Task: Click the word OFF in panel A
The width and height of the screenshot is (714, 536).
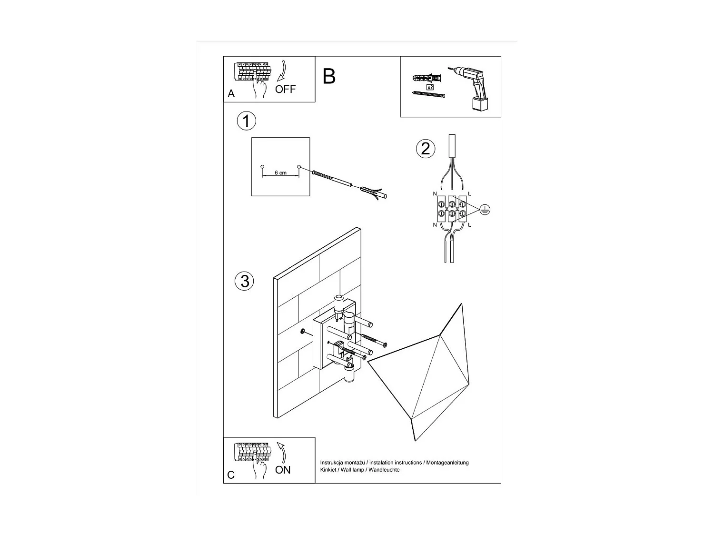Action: (285, 89)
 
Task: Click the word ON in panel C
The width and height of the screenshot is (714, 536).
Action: (283, 470)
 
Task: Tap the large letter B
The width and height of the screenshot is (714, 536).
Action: (329, 76)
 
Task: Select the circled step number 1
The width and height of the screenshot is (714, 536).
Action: (246, 121)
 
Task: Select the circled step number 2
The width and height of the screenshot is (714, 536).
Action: (425, 148)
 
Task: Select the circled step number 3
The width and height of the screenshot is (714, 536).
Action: (245, 281)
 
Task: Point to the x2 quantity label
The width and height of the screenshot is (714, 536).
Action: (430, 87)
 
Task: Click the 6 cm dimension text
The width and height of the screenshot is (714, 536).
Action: (280, 173)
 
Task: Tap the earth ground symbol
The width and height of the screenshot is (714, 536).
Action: (485, 209)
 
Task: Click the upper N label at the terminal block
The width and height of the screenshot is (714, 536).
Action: (435, 193)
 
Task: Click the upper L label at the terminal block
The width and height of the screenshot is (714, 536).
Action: (470, 193)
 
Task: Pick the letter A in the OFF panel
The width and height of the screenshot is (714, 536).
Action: (231, 94)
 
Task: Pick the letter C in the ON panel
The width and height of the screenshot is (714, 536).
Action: (231, 475)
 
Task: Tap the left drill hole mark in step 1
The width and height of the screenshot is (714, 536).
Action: (262, 166)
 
